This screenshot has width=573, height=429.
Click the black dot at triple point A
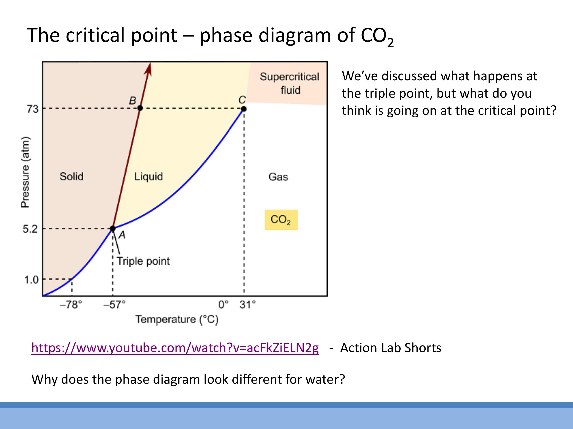[x=113, y=228]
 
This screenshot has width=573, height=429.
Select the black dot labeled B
[x=140, y=108]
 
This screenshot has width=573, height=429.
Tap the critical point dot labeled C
[x=244, y=109]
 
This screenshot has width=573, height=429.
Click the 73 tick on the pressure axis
[x=32, y=109]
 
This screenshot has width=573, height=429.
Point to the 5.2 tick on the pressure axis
[x=30, y=229]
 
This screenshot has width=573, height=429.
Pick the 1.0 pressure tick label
[x=31, y=280]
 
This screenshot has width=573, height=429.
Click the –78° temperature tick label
[x=71, y=305]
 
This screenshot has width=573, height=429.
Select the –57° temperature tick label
[x=114, y=305]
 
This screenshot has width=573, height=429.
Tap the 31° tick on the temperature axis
[x=247, y=305]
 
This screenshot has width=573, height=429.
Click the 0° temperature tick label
[x=223, y=305]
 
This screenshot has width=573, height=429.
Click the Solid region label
[x=72, y=176]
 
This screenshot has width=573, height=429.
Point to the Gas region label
[x=278, y=177]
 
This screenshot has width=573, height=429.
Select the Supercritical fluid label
[x=290, y=83]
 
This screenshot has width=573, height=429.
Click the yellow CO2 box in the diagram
[x=281, y=220]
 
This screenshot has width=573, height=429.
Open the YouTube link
[x=175, y=348]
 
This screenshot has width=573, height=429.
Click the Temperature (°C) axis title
[x=177, y=319]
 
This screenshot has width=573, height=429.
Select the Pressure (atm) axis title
[x=25, y=172]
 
